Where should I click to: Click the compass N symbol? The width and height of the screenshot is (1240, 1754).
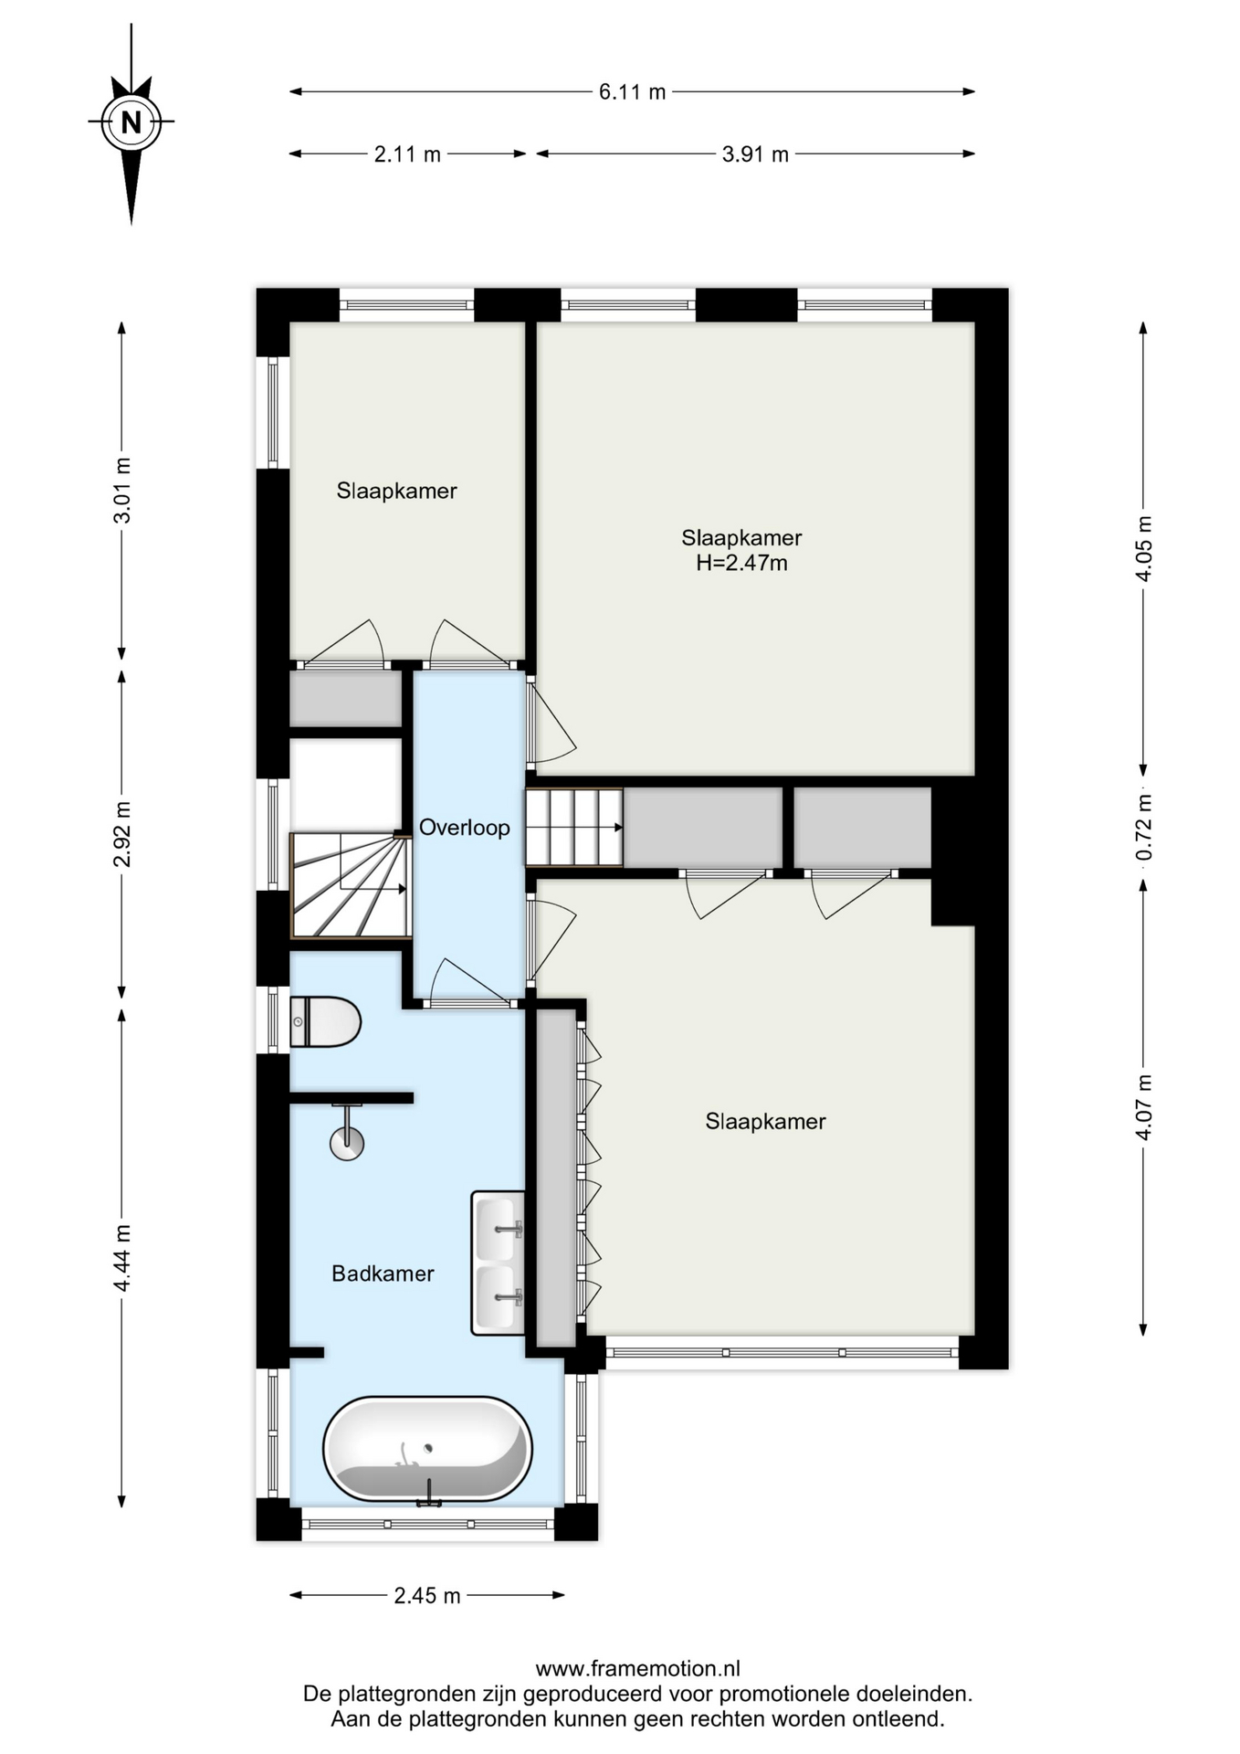click(131, 122)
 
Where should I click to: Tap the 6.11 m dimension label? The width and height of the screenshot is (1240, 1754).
click(632, 92)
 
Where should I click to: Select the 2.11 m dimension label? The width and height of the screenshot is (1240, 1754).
click(407, 154)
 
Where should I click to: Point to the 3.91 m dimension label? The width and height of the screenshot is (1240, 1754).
click(755, 154)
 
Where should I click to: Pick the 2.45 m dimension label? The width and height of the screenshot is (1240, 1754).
click(427, 1596)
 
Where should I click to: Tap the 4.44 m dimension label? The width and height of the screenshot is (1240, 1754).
click(121, 1258)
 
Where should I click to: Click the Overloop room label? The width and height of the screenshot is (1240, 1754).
click(465, 828)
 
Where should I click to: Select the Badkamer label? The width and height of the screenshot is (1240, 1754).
click(383, 1273)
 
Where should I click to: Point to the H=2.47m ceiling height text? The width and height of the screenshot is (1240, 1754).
click(741, 563)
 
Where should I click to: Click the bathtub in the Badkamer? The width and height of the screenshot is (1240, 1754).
click(427, 1449)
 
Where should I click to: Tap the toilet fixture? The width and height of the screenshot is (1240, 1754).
click(325, 1021)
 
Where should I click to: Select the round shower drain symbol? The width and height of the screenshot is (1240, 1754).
click(347, 1143)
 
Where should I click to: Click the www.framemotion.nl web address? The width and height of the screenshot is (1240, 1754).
click(637, 1668)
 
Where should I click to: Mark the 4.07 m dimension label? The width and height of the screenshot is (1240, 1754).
click(1143, 1106)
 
